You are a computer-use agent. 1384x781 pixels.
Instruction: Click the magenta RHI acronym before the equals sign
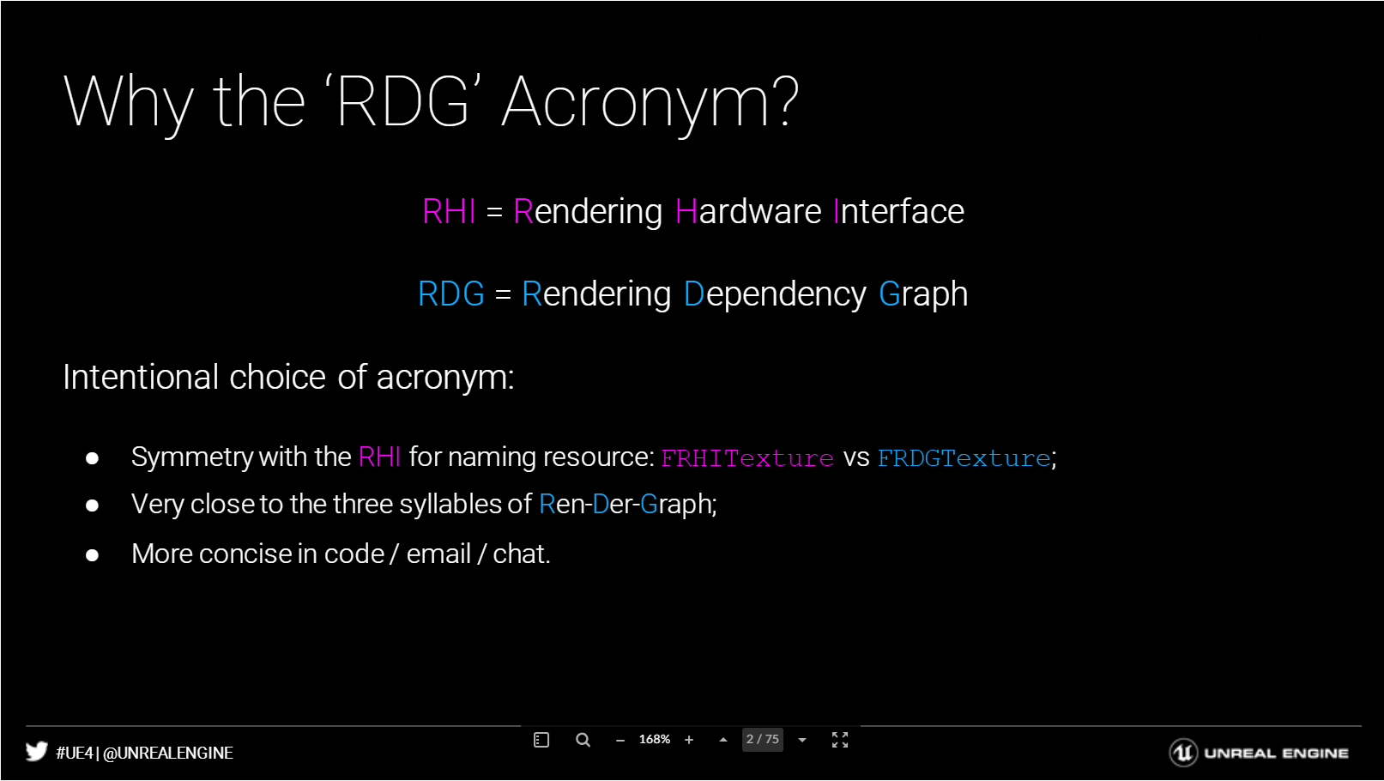pos(450,211)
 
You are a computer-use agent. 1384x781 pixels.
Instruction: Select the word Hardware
pos(748,211)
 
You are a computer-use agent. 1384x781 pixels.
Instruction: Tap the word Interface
pos(899,211)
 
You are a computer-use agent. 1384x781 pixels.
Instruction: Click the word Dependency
pos(776,294)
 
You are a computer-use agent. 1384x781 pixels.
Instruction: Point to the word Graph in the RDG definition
pos(923,294)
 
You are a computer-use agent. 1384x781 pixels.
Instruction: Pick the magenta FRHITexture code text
pos(747,458)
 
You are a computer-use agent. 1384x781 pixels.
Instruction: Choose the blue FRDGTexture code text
pos(964,458)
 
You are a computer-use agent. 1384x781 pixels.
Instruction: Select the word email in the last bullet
pos(438,554)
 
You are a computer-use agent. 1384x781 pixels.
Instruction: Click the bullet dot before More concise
pos(92,555)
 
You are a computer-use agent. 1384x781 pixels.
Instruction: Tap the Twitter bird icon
pos(36,751)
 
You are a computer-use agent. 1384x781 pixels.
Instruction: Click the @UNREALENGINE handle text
pos(168,754)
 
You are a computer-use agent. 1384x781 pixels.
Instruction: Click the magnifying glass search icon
pos(583,740)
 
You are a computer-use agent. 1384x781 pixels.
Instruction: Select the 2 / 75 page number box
pos(763,740)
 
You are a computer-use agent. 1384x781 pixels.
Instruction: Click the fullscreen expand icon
pos(840,740)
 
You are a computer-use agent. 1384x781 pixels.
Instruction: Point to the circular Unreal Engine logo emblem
pos(1183,753)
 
